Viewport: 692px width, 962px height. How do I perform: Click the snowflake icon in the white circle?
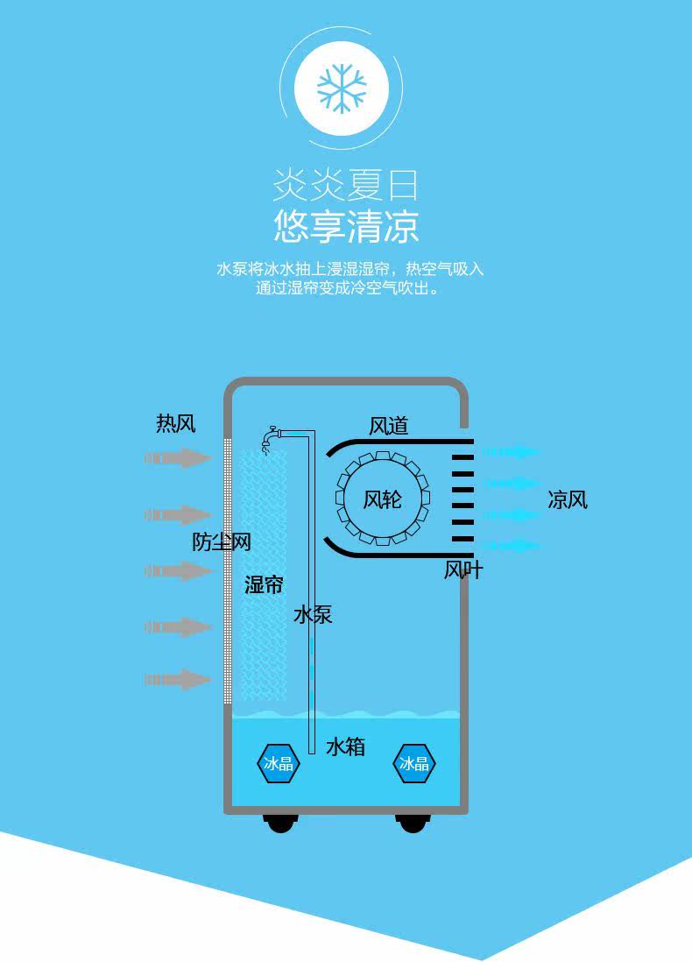(x=342, y=89)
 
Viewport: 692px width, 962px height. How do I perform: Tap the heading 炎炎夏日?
(x=345, y=186)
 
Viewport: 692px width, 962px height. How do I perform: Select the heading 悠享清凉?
(x=346, y=226)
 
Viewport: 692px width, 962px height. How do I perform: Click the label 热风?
(x=175, y=425)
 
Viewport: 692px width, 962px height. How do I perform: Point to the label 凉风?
(x=568, y=499)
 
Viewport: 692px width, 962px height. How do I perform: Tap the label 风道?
(x=388, y=426)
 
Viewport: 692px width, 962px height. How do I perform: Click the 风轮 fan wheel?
(x=383, y=499)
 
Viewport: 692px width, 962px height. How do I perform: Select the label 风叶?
(x=463, y=570)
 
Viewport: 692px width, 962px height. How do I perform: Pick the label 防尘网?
(x=222, y=542)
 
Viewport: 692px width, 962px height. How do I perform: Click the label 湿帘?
(x=264, y=585)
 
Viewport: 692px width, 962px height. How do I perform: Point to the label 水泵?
(x=313, y=614)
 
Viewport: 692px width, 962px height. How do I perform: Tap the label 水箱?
(x=345, y=747)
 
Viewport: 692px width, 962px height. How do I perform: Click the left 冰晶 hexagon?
(x=279, y=763)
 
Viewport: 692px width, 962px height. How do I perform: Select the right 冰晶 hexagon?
(x=413, y=763)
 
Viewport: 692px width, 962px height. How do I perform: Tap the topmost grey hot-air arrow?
(x=180, y=457)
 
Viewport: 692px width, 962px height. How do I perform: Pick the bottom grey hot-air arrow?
(x=180, y=679)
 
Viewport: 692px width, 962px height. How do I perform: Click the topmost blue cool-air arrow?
(x=512, y=452)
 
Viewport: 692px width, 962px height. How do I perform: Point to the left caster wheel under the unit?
(x=280, y=823)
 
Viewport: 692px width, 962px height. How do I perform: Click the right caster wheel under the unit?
(x=413, y=823)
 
